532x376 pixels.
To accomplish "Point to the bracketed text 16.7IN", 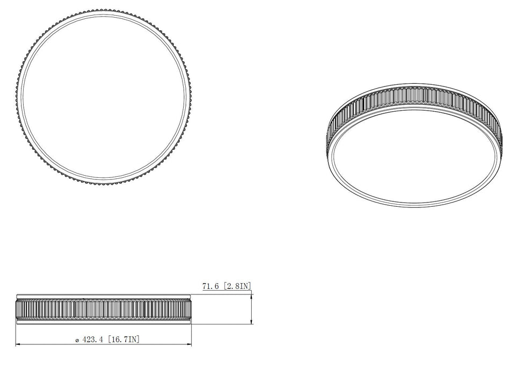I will (x=125, y=339).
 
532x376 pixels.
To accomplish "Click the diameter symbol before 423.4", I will (x=77, y=340).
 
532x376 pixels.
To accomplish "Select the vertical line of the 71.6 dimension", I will (x=251, y=309).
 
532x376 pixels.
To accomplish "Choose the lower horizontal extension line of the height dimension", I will (x=220, y=324).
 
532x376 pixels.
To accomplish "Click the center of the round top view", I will (x=103, y=97).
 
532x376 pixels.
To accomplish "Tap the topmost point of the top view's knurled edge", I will (x=103, y=10).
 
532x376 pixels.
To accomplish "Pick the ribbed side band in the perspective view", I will (x=416, y=97).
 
